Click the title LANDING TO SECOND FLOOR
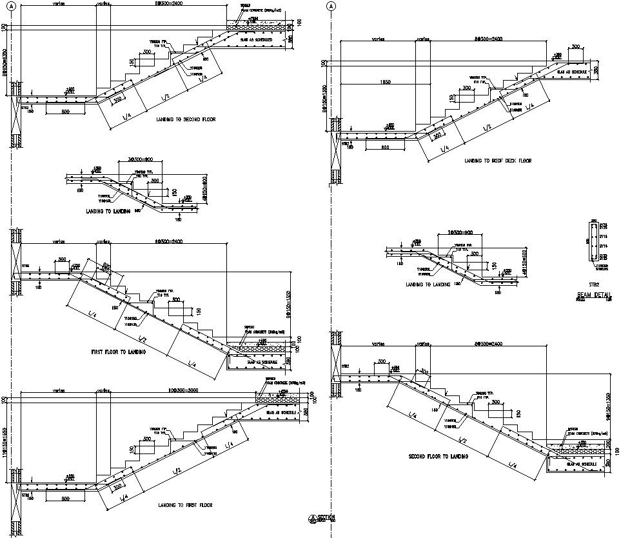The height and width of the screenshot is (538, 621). tap(186, 120)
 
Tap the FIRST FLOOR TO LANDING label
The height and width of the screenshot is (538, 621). tap(118, 352)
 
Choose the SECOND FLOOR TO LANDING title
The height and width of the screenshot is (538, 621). tap(439, 457)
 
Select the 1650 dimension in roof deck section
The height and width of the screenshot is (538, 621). tap(384, 83)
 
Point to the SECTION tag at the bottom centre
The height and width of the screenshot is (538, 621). tap(323, 517)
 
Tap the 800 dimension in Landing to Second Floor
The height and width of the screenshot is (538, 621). tap(65, 112)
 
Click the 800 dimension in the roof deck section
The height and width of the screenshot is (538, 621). tap(384, 148)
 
